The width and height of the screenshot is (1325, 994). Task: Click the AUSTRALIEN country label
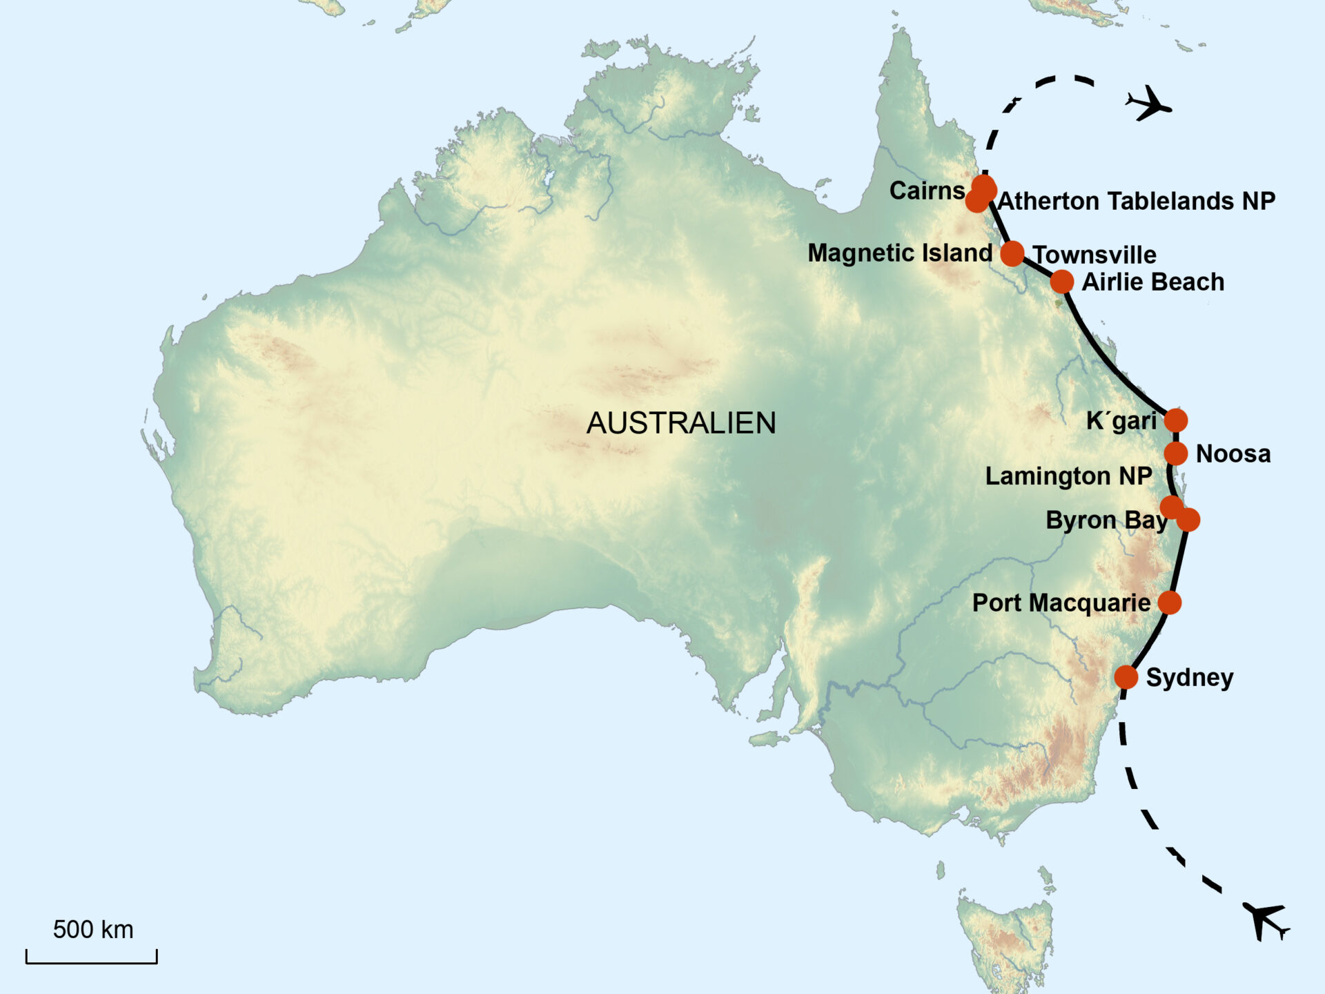coord(681,423)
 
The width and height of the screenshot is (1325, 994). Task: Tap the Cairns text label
coord(927,191)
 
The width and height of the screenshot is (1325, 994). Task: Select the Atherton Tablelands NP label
coord(1137,201)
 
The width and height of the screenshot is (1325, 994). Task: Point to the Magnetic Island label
coord(900,253)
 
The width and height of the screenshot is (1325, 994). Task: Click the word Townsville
coord(1095,255)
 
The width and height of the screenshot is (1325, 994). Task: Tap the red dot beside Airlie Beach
coord(1062,282)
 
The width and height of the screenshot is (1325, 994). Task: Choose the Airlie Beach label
coord(1152,282)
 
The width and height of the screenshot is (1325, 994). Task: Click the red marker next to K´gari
coord(1176,420)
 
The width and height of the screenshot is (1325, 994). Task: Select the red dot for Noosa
coord(1176,454)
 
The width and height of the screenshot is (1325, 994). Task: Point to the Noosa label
coord(1233,454)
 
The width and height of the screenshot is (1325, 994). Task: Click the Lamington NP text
coord(1068,476)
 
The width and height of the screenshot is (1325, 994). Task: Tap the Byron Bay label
coord(1106,520)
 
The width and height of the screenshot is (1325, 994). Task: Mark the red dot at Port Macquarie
coord(1170,603)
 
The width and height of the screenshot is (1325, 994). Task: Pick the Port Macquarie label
coord(1061,603)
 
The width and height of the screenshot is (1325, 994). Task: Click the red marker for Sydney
coord(1126,677)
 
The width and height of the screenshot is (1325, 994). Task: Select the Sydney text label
coord(1190,677)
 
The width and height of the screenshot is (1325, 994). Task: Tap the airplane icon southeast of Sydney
coord(1266,921)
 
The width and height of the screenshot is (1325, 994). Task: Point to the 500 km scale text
coord(93,930)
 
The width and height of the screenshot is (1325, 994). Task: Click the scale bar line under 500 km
coord(92,962)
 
